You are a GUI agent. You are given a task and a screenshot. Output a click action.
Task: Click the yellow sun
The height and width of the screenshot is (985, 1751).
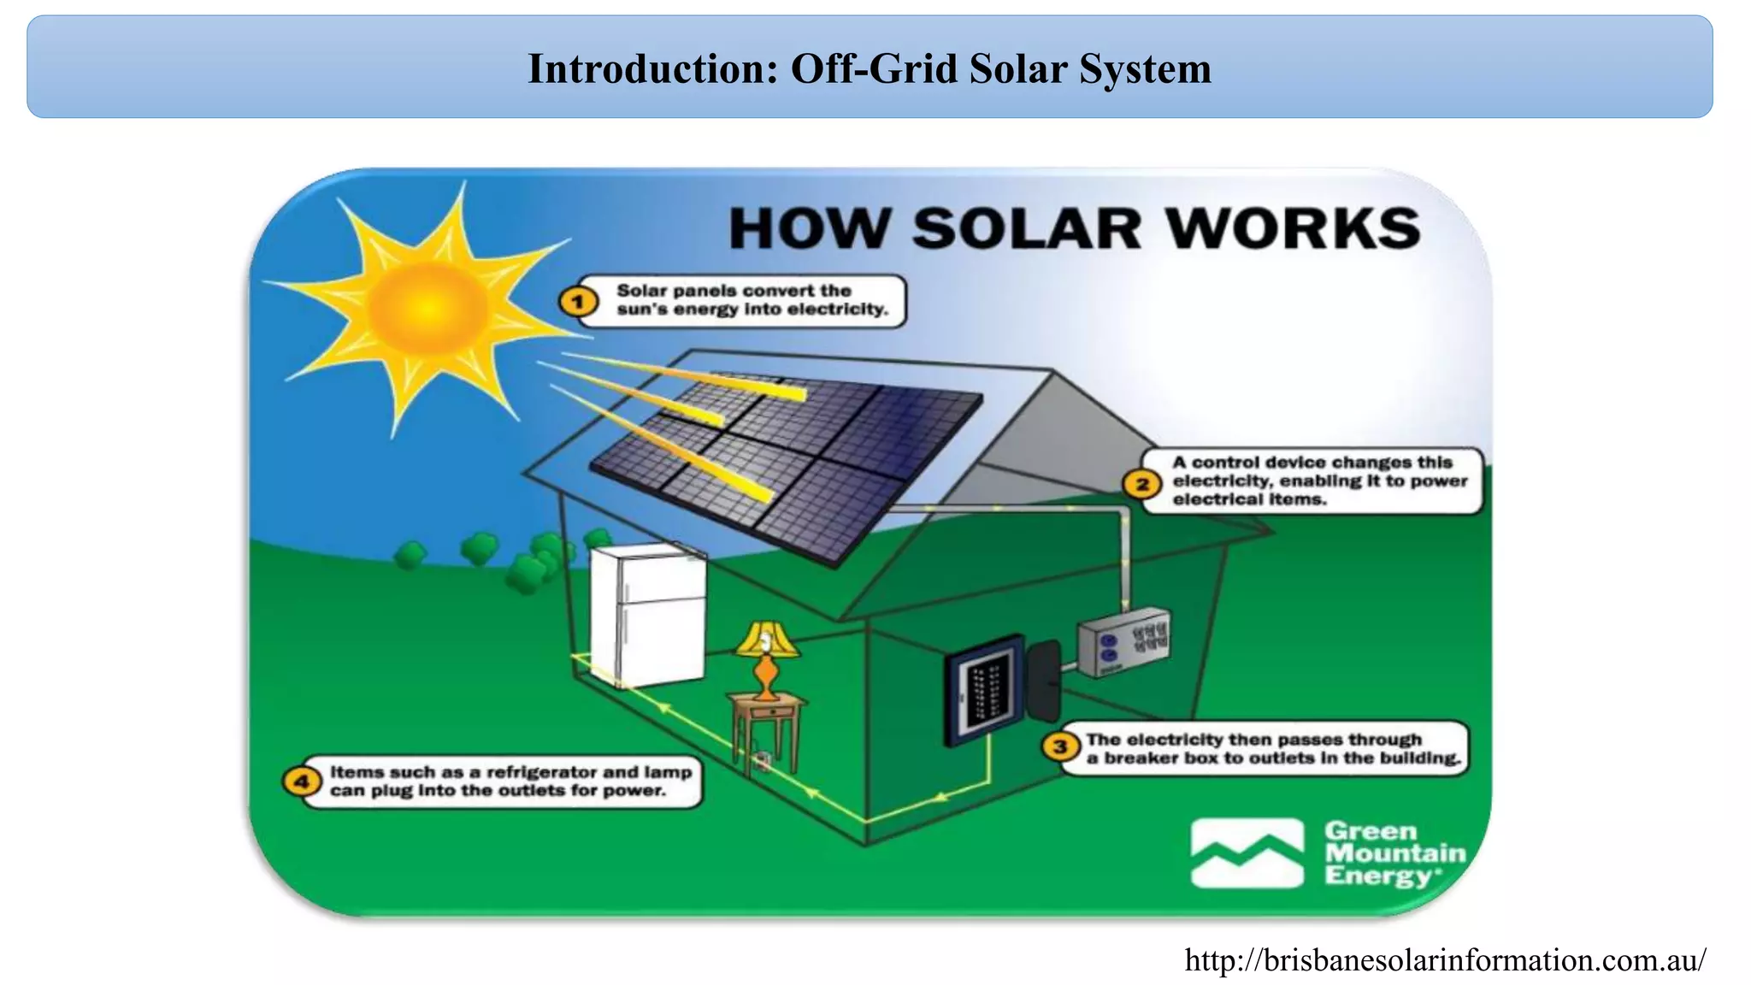click(x=427, y=312)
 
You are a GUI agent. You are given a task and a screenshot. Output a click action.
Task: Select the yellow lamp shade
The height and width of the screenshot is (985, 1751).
click(x=767, y=640)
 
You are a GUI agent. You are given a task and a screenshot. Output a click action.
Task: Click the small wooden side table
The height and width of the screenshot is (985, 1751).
click(x=766, y=727)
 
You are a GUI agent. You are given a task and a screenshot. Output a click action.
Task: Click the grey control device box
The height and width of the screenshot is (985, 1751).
click(x=1123, y=642)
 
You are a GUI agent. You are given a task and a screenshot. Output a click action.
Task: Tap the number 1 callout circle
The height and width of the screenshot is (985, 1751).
click(x=579, y=301)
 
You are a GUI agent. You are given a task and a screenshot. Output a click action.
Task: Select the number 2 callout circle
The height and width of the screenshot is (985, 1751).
click(x=1142, y=484)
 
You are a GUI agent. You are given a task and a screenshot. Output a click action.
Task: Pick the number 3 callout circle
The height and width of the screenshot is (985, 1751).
click(x=1060, y=747)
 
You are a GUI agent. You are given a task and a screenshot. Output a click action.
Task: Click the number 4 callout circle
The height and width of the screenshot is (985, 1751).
click(x=301, y=782)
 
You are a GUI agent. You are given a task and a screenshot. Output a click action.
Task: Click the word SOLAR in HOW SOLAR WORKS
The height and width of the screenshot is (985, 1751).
click(x=1026, y=229)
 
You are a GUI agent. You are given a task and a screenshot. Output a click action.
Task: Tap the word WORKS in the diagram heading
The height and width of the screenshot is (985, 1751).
click(x=1292, y=229)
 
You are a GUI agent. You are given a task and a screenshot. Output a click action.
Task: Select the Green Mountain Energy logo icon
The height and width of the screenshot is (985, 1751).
click(x=1247, y=853)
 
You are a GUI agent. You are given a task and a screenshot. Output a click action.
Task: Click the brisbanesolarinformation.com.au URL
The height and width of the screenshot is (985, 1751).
click(x=1445, y=960)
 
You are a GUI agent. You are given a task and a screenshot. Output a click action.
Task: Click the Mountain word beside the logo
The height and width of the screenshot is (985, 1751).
click(x=1394, y=853)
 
